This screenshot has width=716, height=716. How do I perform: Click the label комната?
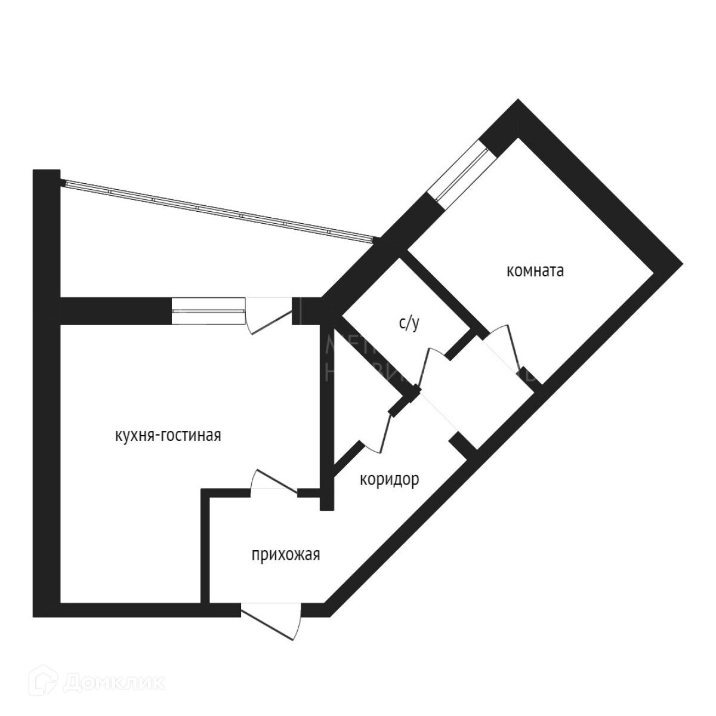[535, 271]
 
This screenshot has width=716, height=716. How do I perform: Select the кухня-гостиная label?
[168, 436]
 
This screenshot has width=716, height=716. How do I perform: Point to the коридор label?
[389, 480]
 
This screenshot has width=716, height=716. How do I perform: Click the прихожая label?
[285, 555]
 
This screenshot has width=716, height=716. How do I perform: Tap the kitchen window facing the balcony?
[208, 311]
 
